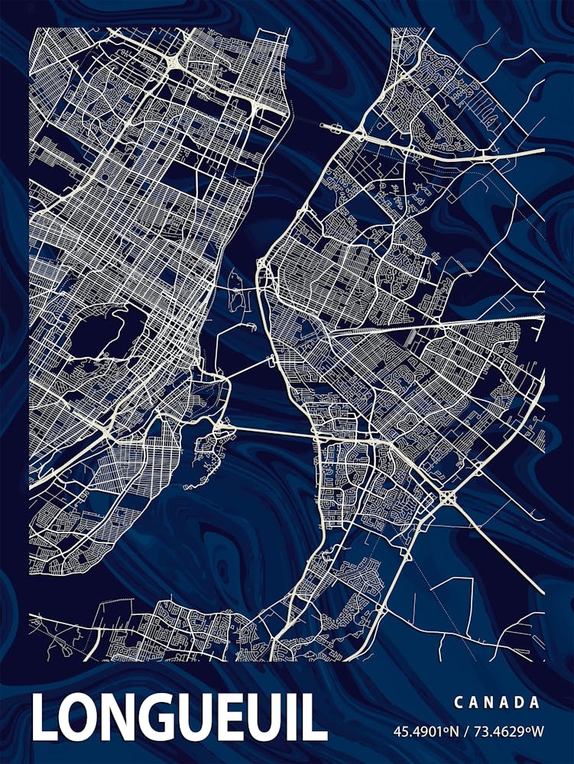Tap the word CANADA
click(497, 702)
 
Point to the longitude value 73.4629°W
click(510, 731)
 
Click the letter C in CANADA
click(458, 702)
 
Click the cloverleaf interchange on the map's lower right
click(447, 497)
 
